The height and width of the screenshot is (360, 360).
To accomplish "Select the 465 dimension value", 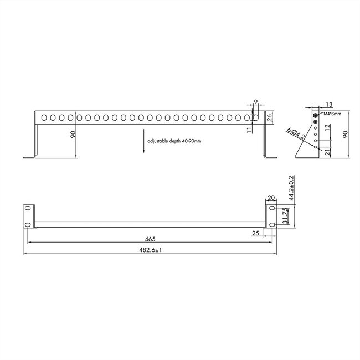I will (150, 239).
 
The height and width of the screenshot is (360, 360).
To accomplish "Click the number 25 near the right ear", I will (256, 234).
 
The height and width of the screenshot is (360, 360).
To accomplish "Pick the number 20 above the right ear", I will (271, 198).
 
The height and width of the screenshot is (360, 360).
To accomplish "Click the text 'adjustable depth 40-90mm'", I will (174, 142).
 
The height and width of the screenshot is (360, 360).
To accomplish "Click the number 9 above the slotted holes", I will (255, 102).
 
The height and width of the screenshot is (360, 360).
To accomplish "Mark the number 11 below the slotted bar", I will (250, 130).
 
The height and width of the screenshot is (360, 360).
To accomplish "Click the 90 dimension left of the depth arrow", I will (73, 136).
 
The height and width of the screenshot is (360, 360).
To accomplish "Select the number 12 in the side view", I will (328, 127).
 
